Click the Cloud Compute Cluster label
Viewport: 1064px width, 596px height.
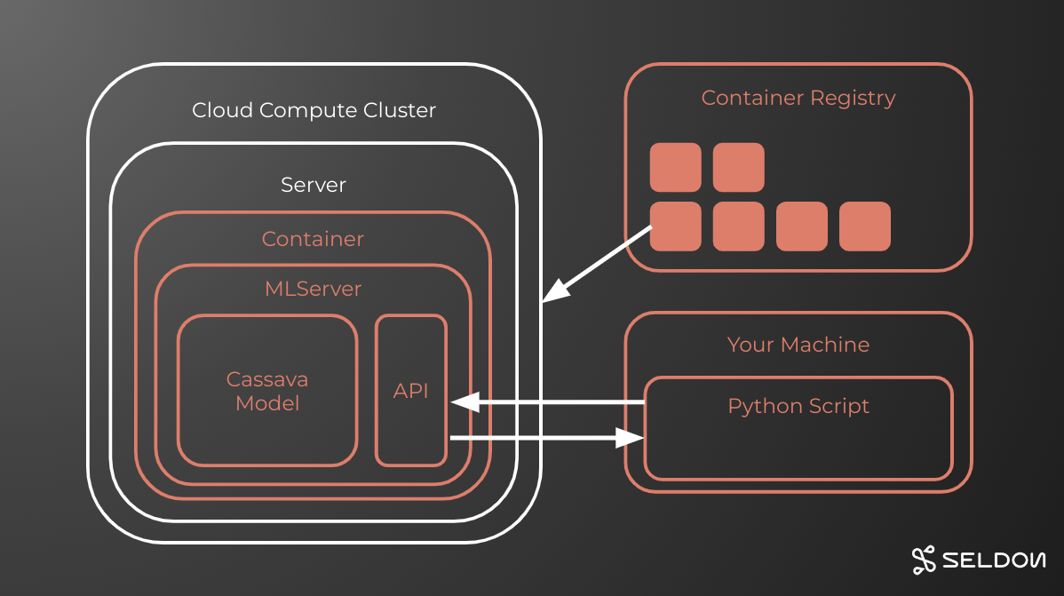coord(314,111)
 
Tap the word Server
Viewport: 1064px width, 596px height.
coord(314,186)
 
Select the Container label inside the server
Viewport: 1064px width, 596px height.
coord(313,240)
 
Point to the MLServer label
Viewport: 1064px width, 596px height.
coord(313,289)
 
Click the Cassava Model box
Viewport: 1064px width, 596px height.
coord(267,391)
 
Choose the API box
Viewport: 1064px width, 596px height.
coord(411,391)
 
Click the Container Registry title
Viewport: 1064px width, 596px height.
coord(798,98)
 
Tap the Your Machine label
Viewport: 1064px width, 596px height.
coord(798,345)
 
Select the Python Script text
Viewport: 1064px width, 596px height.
coord(798,407)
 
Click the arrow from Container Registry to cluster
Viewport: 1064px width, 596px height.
coord(597,263)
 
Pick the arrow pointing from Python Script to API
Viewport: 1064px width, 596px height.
coord(547,403)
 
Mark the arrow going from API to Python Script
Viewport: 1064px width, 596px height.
coord(547,437)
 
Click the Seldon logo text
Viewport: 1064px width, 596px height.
coord(993,560)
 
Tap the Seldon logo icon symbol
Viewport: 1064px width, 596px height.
coord(924,560)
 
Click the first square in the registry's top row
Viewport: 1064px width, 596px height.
coord(675,167)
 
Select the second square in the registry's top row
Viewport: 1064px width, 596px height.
coord(738,167)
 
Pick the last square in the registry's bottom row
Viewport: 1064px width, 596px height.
coord(864,226)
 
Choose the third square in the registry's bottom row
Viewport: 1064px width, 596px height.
coord(801,226)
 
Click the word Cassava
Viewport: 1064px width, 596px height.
coord(267,379)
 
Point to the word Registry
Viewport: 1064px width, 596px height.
coord(854,98)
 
